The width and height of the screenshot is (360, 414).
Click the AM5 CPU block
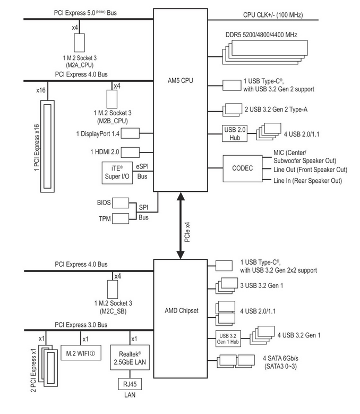(181, 101)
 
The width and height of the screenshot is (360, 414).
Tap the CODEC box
(243, 168)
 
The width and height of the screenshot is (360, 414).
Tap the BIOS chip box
(121, 203)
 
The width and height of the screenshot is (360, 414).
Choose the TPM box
(121, 218)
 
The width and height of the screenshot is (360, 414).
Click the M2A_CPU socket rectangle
(80, 43)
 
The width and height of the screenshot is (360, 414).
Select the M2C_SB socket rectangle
(112, 290)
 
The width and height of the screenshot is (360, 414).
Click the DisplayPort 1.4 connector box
(131, 132)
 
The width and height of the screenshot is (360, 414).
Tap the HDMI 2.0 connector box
(131, 153)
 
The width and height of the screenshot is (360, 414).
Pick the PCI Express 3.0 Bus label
(81, 325)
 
